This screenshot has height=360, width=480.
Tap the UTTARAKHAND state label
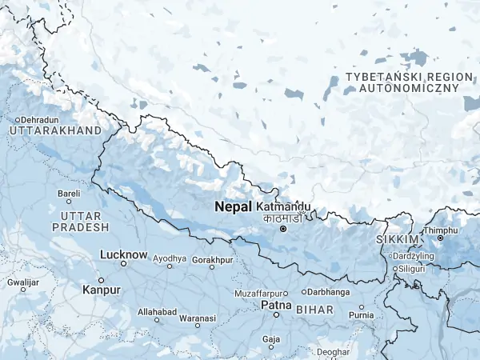[55, 130]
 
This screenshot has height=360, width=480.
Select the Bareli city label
[69, 193]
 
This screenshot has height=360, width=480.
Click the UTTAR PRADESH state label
[80, 222]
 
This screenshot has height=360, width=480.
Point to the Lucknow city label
[123, 254]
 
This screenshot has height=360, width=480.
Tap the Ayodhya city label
[170, 259]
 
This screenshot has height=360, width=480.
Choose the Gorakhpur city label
[212, 260]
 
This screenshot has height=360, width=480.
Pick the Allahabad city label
[156, 311]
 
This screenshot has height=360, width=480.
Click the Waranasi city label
[197, 318]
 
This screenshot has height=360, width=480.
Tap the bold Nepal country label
[234, 206]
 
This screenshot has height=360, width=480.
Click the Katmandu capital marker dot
[282, 230]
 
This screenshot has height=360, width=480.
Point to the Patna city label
[275, 306]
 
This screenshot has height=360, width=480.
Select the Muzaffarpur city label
[260, 294]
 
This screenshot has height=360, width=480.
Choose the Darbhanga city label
[329, 292]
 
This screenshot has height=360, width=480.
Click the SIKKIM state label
[397, 240]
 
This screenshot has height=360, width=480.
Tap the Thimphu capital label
[441, 230]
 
